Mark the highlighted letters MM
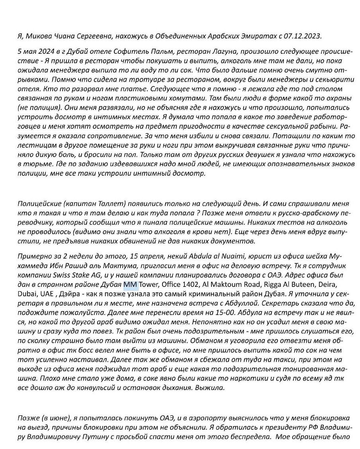pos(130,284)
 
